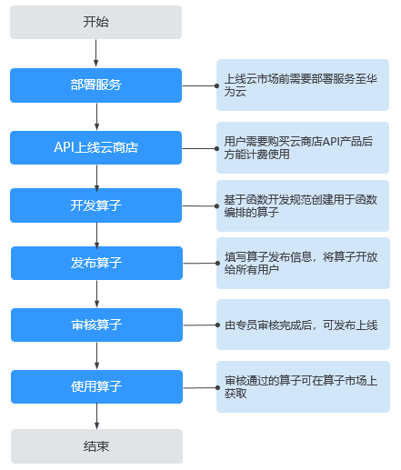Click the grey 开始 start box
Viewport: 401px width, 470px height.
coord(95,22)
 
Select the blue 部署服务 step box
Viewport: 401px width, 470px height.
coord(95,85)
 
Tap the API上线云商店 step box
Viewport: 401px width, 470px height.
coord(95,147)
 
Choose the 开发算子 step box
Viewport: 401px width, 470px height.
coord(95,205)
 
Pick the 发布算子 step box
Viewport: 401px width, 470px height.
coord(96,263)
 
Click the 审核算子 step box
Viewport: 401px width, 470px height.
coord(96,325)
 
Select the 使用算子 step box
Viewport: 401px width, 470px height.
coord(96,386)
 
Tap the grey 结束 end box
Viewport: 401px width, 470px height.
coord(96,446)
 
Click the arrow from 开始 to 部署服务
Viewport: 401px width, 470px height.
coord(95,53)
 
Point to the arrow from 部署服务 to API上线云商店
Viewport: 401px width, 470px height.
coord(96,116)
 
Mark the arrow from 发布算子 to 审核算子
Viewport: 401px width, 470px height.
coord(96,294)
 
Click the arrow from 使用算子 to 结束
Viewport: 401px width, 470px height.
coord(96,416)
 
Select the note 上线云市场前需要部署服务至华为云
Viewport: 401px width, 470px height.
coord(303,85)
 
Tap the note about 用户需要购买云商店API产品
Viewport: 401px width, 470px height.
coord(303,147)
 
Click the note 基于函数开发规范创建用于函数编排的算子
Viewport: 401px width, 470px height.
coord(303,205)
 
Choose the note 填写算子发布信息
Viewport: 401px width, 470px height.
coord(303,263)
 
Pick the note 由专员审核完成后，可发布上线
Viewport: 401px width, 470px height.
coord(303,325)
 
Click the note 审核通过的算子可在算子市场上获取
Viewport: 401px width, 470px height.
coord(303,386)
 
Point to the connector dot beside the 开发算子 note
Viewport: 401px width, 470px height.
coord(216,206)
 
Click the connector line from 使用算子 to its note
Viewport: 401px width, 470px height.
coord(200,387)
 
